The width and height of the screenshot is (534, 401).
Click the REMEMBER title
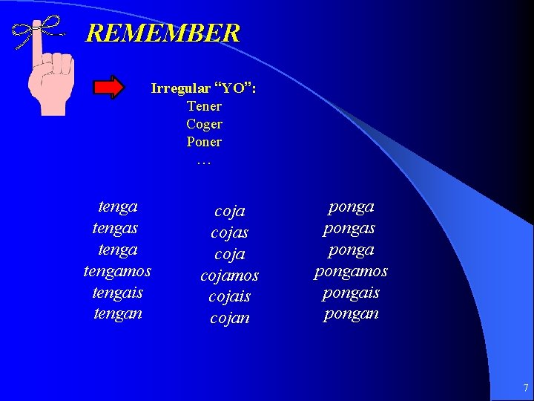click(x=162, y=33)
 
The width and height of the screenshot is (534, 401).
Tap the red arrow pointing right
click(x=109, y=88)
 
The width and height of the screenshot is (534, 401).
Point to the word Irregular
click(x=180, y=88)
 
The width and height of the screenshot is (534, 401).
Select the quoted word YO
click(x=235, y=88)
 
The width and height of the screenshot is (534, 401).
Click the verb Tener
click(x=204, y=106)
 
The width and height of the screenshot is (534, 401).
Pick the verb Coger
click(x=204, y=124)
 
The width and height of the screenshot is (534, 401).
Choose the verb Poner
click(x=204, y=142)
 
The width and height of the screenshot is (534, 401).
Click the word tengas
click(x=116, y=228)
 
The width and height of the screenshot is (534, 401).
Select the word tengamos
click(x=117, y=271)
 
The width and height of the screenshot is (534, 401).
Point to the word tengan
click(x=117, y=313)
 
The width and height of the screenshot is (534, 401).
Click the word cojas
click(x=230, y=232)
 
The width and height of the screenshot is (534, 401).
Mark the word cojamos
click(x=230, y=276)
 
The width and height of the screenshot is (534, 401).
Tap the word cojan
click(x=230, y=318)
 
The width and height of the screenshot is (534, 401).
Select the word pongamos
click(x=351, y=271)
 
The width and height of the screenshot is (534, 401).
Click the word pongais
click(x=351, y=293)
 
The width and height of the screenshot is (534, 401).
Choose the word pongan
click(x=351, y=313)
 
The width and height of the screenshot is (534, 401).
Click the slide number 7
click(x=525, y=388)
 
